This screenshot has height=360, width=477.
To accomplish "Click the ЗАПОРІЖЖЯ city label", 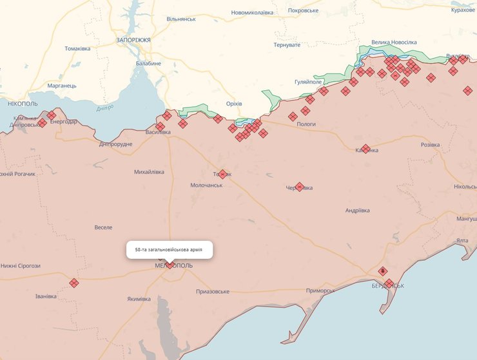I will point(133,40).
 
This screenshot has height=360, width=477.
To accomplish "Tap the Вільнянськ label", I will point(181,19).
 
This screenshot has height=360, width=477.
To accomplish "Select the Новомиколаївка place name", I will point(252,12).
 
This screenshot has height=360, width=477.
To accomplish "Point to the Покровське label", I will point(304,11).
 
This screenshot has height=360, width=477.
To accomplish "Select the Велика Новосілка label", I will point(394,43).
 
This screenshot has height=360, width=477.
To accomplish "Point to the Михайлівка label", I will point(149,172).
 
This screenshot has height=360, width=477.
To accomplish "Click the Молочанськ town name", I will point(206,185).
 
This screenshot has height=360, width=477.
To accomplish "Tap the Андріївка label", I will point(357,211).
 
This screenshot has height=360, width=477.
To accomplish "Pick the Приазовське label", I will point(213,292).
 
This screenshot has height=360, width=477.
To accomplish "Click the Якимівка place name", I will point(139,299).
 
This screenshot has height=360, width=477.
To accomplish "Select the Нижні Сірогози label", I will point(20,265).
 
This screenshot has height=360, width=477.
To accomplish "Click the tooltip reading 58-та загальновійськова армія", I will point(169,249).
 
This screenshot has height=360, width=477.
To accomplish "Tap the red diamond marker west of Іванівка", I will point(74,282).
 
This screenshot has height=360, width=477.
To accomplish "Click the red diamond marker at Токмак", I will point(223,174).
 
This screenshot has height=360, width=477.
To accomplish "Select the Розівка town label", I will point(430,145).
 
